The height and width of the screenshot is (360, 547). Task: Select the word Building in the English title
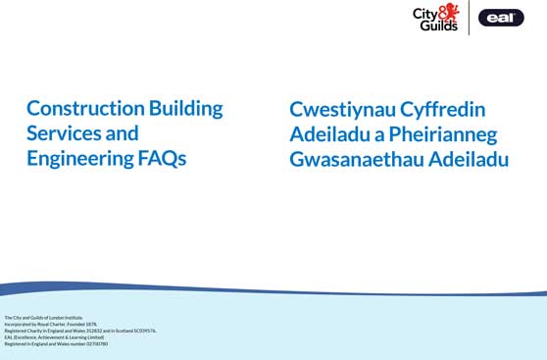point(185,108)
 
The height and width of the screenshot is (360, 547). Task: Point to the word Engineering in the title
point(76,158)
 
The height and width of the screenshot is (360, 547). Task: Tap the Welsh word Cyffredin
point(445,110)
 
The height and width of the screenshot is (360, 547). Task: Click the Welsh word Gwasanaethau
point(362,159)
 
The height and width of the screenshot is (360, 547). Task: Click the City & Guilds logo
point(435,17)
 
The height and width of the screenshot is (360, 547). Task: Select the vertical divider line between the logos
point(469,17)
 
